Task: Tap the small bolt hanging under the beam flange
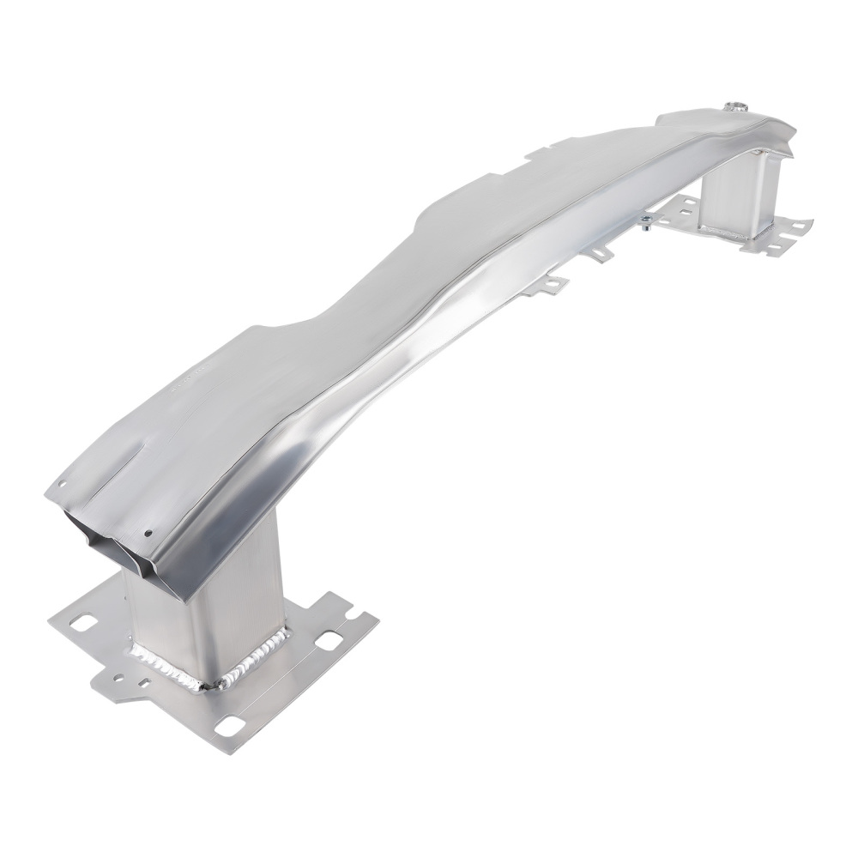click(x=643, y=225)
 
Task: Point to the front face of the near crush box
click(x=240, y=618)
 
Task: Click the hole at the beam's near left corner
click(x=62, y=485)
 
